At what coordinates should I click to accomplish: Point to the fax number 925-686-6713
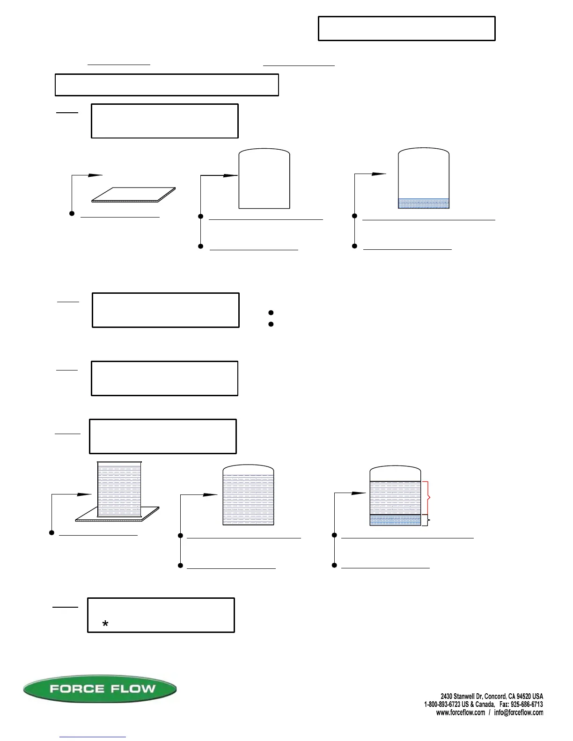pyautogui.click(x=527, y=704)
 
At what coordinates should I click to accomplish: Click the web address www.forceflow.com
pyautogui.click(x=461, y=712)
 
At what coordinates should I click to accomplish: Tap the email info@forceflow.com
pyautogui.click(x=519, y=712)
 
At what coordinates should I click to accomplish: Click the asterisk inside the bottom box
pyautogui.click(x=105, y=624)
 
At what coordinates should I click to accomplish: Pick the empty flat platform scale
pyautogui.click(x=133, y=195)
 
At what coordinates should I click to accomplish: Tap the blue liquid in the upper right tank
pyautogui.click(x=423, y=203)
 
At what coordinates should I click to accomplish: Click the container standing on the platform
pyautogui.click(x=119, y=489)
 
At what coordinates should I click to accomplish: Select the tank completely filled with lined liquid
pyautogui.click(x=248, y=498)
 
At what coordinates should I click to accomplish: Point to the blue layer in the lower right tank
pyautogui.click(x=395, y=520)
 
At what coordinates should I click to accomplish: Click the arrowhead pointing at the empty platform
pyautogui.click(x=95, y=175)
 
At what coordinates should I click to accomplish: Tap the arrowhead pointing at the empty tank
pyautogui.click(x=231, y=175)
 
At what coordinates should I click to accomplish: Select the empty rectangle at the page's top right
pyautogui.click(x=406, y=29)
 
